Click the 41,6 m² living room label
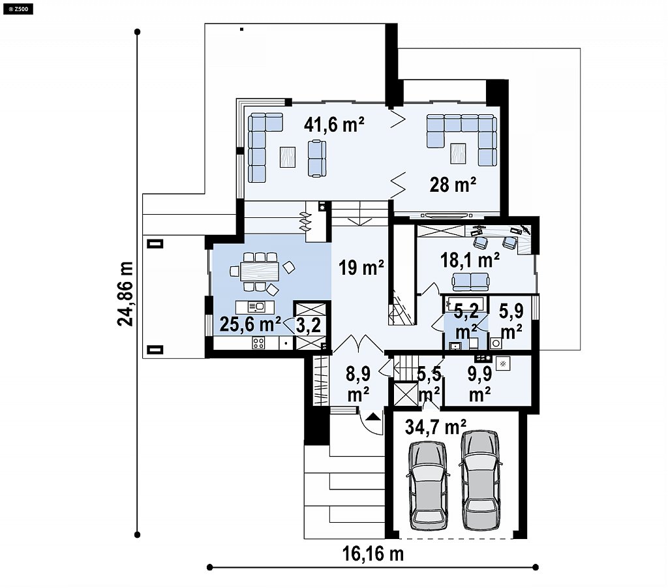tap(334, 125)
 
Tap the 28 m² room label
tap(453, 185)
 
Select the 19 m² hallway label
tap(361, 268)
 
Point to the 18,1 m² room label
tap(470, 260)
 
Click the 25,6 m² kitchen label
tap(250, 324)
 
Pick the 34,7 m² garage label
tap(435, 427)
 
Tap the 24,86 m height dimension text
tap(125, 294)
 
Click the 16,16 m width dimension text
tap(373, 554)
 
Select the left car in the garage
tap(428, 486)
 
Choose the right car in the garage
tap(481, 480)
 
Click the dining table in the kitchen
tap(260, 271)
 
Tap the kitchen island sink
tap(257, 306)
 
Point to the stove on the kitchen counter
tap(258, 343)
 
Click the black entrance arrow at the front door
tap(373, 416)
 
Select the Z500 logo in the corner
tap(18, 8)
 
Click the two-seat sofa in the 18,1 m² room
tap(471, 281)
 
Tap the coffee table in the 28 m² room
tap(459, 153)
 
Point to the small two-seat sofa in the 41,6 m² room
tap(317, 159)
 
